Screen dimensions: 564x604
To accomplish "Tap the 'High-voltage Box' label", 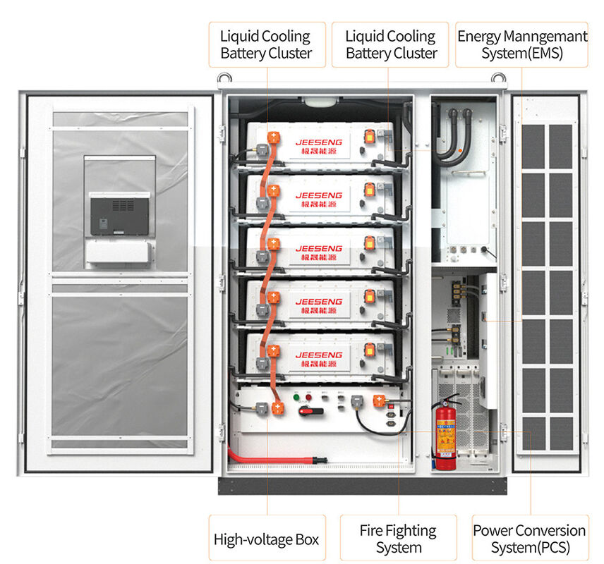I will (x=266, y=539).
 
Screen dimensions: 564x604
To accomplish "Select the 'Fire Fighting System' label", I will (x=398, y=539).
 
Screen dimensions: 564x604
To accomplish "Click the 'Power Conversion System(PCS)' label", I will (x=529, y=539).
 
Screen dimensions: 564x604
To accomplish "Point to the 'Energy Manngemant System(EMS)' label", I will (x=521, y=44).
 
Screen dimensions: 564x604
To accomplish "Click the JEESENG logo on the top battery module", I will (x=319, y=141).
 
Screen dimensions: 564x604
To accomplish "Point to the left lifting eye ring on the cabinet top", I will (x=224, y=78).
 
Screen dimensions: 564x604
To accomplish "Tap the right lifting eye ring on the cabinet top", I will (x=498, y=78).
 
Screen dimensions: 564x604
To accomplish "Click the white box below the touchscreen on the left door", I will (x=118, y=252).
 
